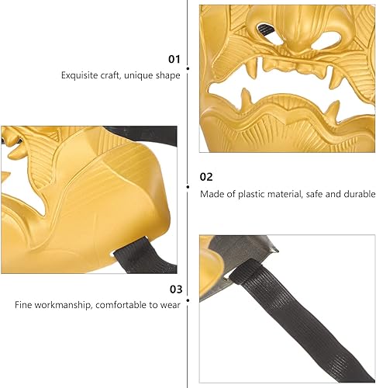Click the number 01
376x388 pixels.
tap(174, 59)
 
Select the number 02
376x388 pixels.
tap(206, 177)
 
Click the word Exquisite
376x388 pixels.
tap(79, 75)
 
